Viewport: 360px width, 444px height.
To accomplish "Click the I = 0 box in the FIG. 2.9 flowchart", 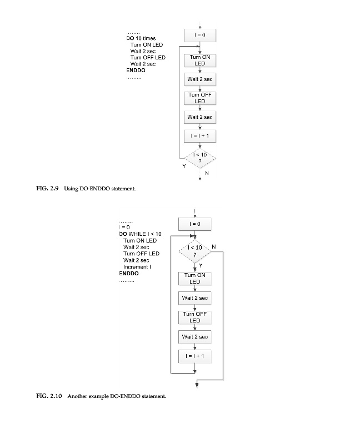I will (199, 35).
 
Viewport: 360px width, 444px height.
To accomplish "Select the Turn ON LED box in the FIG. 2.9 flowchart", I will (199, 60).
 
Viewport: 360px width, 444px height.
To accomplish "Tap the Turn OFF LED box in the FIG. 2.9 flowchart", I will (199, 98).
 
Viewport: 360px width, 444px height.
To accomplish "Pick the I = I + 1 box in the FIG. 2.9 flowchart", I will (199, 135).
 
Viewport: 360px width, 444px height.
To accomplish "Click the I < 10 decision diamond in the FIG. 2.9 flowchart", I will (199, 158).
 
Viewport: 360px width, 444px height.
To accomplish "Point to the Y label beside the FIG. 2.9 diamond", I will (184, 166).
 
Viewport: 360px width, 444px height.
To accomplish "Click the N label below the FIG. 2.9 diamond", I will (207, 173).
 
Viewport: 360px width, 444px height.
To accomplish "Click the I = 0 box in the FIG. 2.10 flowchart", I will (194, 224).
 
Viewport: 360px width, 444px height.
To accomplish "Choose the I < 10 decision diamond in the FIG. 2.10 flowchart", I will (194, 253).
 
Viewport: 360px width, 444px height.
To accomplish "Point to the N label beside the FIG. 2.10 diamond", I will (214, 246).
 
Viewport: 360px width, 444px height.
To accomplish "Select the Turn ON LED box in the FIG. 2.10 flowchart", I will (194, 278).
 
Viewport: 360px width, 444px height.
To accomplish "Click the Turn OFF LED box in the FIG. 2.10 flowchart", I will (194, 317).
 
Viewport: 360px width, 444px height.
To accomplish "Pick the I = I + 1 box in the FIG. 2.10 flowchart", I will (194, 356).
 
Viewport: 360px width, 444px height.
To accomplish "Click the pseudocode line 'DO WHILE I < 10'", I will (140, 234).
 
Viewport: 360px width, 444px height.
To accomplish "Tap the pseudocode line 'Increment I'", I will (137, 267).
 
